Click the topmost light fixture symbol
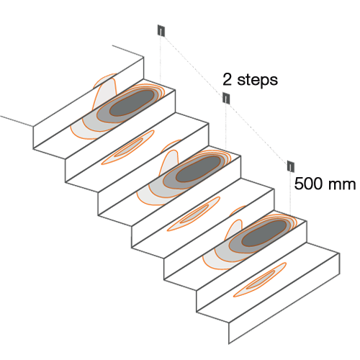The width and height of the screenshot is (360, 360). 161,30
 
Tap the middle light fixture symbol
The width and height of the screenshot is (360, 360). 226,98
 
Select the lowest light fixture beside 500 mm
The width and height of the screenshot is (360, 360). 291,166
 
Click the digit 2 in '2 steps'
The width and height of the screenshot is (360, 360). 227,79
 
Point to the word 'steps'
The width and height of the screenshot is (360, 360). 257,80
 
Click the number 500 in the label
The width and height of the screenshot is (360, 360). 308,184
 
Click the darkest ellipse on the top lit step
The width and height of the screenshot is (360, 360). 132,102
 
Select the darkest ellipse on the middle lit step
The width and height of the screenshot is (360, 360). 198,169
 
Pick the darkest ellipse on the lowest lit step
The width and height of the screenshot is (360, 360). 264,233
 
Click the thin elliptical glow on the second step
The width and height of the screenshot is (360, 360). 127,148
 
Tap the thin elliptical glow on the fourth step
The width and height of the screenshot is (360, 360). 194,214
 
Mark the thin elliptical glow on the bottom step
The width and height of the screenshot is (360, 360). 260,280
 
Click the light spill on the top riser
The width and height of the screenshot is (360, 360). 105,91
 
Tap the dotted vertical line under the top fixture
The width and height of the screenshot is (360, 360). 161,60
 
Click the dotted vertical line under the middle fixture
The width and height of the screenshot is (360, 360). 226,127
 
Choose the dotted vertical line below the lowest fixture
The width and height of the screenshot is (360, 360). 290,194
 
